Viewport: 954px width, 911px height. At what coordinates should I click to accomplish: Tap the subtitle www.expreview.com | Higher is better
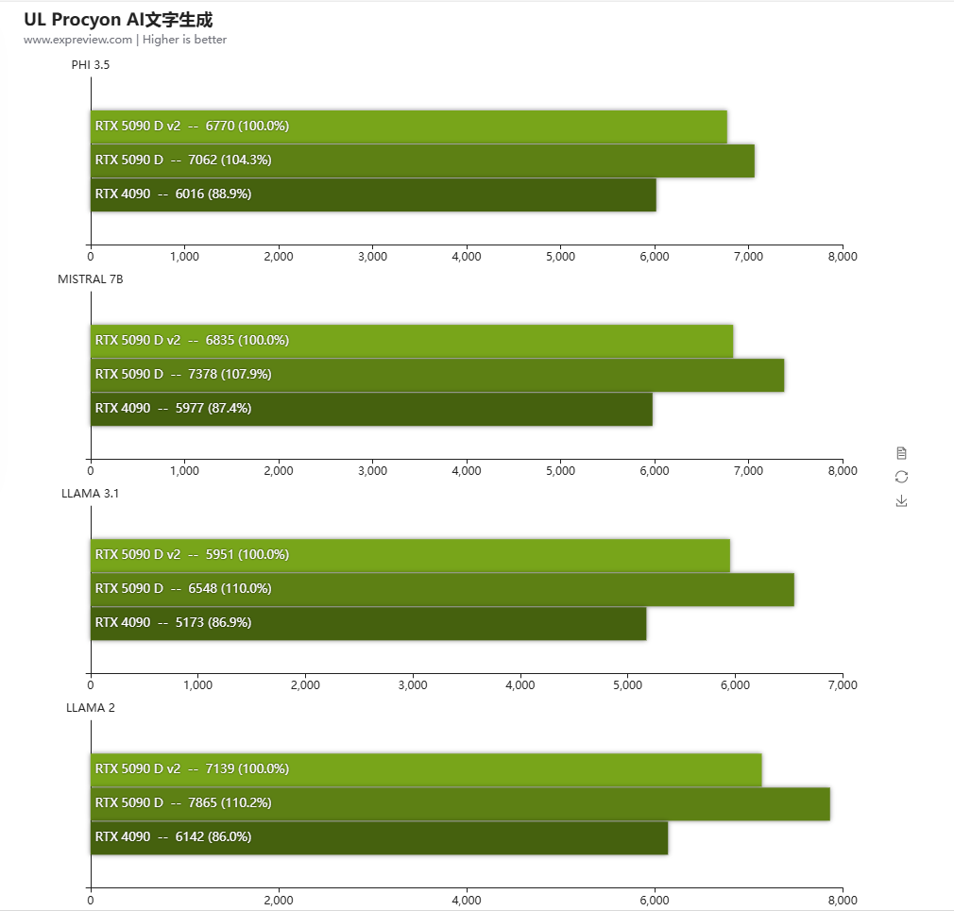click(125, 40)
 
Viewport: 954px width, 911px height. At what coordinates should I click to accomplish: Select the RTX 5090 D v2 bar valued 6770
click(409, 127)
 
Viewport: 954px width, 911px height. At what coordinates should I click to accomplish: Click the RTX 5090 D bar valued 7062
click(422, 160)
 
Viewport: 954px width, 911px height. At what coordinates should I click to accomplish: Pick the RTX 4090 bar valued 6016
click(373, 194)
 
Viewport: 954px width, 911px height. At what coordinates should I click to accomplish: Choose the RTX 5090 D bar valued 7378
click(437, 375)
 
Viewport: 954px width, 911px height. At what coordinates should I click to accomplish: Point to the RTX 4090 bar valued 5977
click(371, 409)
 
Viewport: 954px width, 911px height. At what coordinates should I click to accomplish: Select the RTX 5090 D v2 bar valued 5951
click(410, 555)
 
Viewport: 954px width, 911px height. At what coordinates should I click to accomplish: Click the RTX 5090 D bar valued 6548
click(442, 589)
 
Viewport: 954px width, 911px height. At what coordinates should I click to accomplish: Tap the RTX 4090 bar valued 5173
click(368, 623)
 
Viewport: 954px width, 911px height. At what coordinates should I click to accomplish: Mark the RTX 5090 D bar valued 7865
click(460, 803)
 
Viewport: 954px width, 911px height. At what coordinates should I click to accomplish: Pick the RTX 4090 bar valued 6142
click(379, 837)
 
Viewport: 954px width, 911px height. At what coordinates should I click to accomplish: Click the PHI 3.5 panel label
click(91, 65)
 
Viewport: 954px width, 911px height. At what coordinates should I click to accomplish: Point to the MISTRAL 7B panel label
click(91, 279)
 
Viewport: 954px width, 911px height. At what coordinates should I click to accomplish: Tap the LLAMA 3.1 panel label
click(91, 494)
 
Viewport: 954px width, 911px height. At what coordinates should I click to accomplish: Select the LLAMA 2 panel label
click(91, 708)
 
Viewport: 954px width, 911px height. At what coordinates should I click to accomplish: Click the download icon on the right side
click(901, 501)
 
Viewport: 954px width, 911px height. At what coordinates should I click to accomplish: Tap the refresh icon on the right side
click(901, 477)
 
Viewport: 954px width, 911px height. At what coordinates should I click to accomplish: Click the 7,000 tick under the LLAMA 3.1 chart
click(842, 685)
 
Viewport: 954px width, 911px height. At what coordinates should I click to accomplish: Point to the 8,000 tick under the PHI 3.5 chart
click(842, 257)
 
